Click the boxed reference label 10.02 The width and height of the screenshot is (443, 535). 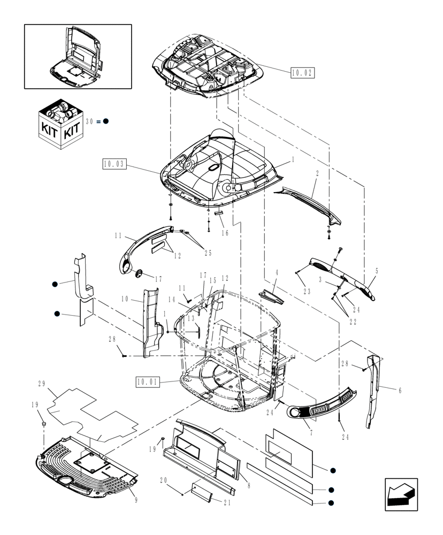(x=302, y=73)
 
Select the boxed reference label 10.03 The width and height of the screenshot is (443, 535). (x=114, y=164)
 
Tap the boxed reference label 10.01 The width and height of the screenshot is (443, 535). (x=147, y=382)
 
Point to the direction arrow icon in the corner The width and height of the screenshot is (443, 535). (x=401, y=494)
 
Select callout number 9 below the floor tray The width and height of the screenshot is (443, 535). (x=135, y=500)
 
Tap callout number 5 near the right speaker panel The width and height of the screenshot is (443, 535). (x=377, y=271)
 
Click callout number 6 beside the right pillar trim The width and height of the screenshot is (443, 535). (x=399, y=390)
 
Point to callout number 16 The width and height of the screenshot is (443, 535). (x=225, y=233)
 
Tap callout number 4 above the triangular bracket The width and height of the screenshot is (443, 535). (x=277, y=273)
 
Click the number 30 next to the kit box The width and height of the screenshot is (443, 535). (x=89, y=121)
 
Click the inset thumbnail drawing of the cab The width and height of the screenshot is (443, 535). (x=78, y=56)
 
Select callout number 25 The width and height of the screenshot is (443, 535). (x=208, y=253)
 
